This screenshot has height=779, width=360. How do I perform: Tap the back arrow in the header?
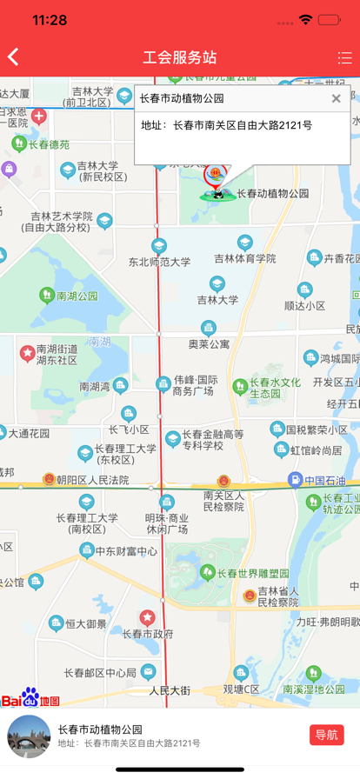click(13, 57)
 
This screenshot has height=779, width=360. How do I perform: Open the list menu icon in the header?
click(344, 58)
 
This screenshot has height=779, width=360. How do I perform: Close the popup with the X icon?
click(337, 98)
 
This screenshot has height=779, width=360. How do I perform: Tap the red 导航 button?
click(326, 735)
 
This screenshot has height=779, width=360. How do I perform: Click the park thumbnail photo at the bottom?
click(29, 736)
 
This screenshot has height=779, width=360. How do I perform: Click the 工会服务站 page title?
click(180, 58)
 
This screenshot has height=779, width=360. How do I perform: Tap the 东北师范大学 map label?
click(159, 261)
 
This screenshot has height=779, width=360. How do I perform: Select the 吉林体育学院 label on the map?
click(245, 258)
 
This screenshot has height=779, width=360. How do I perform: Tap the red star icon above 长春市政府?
click(148, 616)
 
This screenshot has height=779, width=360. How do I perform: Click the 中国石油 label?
click(324, 481)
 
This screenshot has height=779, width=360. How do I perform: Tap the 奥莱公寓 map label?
click(209, 343)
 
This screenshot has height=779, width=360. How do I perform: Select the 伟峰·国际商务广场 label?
click(194, 385)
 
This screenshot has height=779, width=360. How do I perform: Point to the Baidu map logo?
click(30, 698)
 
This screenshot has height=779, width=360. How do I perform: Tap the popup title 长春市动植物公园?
click(182, 98)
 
